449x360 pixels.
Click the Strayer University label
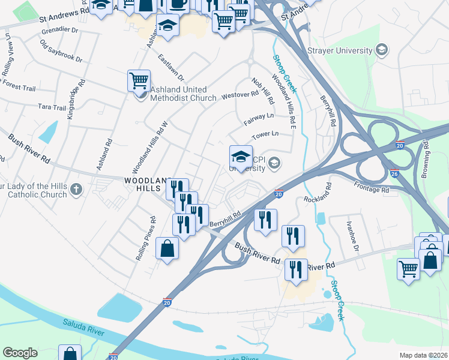[x=340, y=51]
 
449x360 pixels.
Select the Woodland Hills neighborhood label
[x=145, y=184]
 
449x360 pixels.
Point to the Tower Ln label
[x=265, y=135]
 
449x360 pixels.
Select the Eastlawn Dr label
[x=171, y=68]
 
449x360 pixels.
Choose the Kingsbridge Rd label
[x=73, y=104]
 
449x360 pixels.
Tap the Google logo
[x=20, y=353]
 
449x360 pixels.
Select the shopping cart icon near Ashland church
[x=139, y=80]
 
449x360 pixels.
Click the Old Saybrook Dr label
[x=61, y=51]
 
